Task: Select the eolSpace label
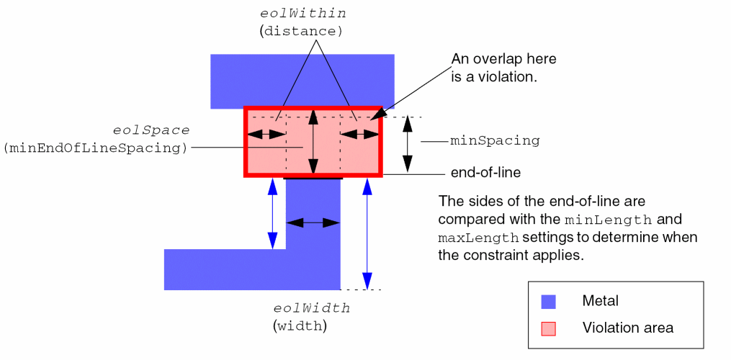(x=151, y=130)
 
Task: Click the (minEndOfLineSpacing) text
(x=95, y=148)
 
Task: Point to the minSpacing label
(x=495, y=141)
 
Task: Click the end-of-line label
(x=485, y=173)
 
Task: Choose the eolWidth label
(x=313, y=308)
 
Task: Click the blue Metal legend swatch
(x=549, y=302)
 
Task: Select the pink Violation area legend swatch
(x=549, y=328)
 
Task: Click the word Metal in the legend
(x=600, y=301)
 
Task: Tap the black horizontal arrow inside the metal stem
(x=313, y=223)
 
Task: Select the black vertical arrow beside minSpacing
(x=408, y=143)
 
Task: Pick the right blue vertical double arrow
(x=367, y=233)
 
